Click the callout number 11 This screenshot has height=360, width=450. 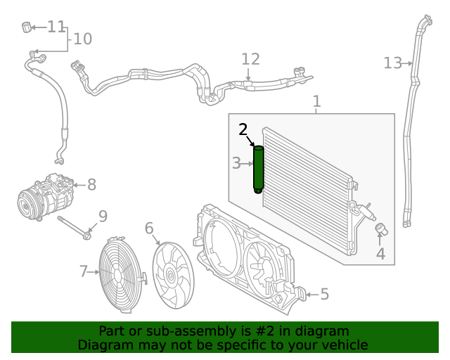(x=56, y=27)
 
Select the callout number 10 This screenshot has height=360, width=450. (x=82, y=39)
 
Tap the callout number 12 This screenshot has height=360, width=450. (x=251, y=60)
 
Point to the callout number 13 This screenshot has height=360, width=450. (x=392, y=63)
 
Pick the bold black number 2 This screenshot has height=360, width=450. (x=243, y=129)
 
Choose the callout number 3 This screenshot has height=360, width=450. (x=236, y=164)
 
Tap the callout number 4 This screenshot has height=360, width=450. (x=380, y=253)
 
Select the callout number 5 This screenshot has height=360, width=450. (x=324, y=294)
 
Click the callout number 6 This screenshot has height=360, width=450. (x=149, y=228)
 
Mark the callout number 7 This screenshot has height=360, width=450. (x=83, y=271)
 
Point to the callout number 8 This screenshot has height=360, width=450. (x=91, y=185)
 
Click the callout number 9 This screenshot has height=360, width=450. (x=103, y=216)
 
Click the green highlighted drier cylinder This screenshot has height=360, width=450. (x=258, y=169)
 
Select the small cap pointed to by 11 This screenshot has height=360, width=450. (x=26, y=27)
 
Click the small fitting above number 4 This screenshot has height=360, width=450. (x=380, y=229)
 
